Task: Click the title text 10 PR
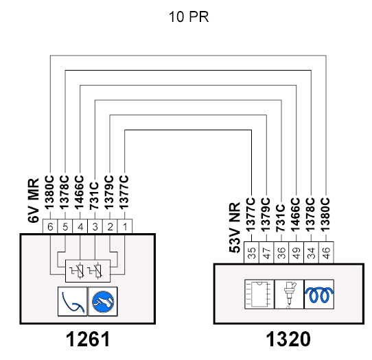click(x=189, y=17)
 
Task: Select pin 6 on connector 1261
click(x=50, y=226)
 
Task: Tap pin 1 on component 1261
click(x=125, y=226)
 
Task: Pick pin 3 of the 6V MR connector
click(x=95, y=226)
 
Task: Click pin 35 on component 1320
click(x=251, y=252)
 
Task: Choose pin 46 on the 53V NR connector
click(x=326, y=252)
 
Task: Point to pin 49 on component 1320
click(x=297, y=252)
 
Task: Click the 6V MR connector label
click(x=33, y=200)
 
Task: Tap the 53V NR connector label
click(x=235, y=228)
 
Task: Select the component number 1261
click(x=88, y=339)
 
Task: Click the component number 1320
click(x=288, y=339)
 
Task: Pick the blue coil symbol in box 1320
click(x=319, y=294)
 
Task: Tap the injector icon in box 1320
click(x=289, y=294)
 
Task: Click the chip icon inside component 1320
click(x=259, y=294)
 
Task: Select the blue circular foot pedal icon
click(x=103, y=302)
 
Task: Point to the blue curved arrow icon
click(x=73, y=302)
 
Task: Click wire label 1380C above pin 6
click(x=49, y=192)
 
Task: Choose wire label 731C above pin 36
click(x=281, y=218)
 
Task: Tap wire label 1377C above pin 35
click(x=251, y=215)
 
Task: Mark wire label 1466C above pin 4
click(x=80, y=192)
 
